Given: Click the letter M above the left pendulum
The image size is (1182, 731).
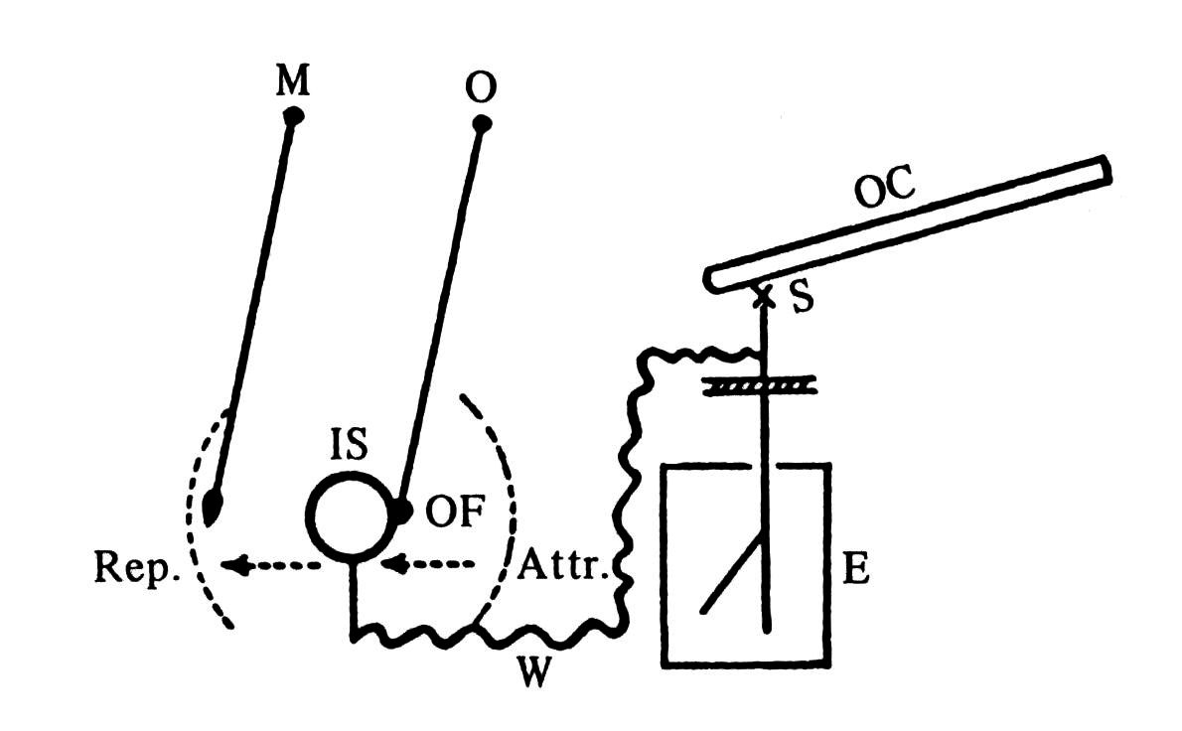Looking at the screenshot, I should click(292, 83).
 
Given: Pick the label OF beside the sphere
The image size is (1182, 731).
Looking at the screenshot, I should click(455, 513).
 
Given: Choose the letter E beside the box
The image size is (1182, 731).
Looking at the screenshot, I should click(855, 573).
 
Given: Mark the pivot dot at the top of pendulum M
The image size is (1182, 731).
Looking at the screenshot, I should click(292, 116).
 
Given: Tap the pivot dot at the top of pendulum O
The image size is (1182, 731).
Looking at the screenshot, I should click(482, 124).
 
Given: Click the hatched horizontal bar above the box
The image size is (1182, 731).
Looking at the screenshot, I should click(761, 385).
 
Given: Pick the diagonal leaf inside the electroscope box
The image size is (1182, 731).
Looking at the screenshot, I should click(733, 576).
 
